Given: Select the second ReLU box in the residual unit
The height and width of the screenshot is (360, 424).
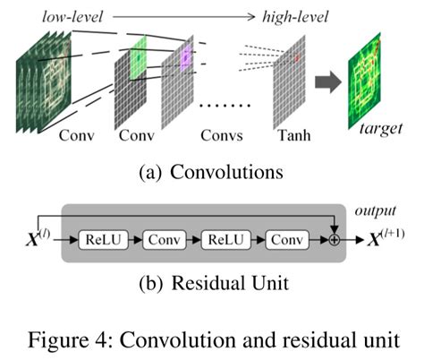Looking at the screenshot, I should pyautogui.click(x=228, y=241).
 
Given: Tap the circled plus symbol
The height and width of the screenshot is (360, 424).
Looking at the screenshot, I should pyautogui.click(x=334, y=241).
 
